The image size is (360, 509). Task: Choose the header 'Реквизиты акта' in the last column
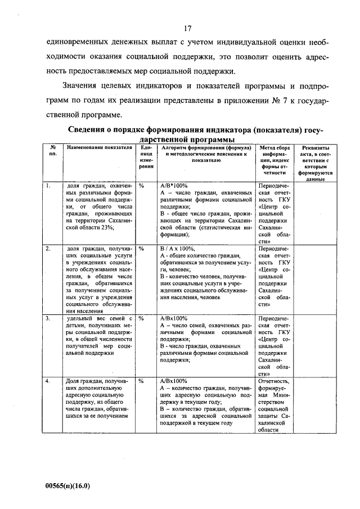[315, 163]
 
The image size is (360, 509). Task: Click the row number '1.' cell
[49, 185]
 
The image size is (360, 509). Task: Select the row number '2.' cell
[49, 248]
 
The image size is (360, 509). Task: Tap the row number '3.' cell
[49, 318]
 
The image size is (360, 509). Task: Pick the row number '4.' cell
[49, 381]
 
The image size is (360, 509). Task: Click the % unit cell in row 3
[142, 318]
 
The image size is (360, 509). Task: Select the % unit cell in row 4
[142, 381]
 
